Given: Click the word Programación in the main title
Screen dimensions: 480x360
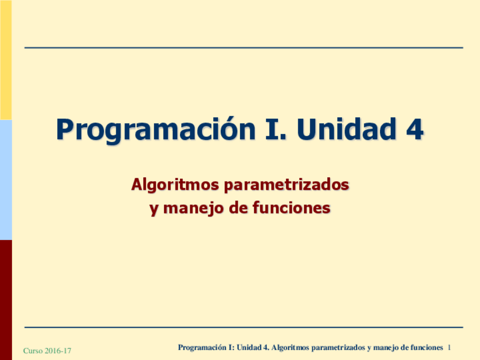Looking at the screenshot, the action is coord(156,130).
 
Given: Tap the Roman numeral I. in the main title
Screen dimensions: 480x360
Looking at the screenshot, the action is coord(276,129).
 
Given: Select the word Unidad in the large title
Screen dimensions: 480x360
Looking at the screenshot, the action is coord(346,128).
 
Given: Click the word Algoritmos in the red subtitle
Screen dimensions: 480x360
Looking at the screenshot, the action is coord(175,185).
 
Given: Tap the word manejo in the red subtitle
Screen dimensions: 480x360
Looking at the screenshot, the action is coord(194,209).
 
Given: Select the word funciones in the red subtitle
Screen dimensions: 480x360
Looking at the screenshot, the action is coord(292,208).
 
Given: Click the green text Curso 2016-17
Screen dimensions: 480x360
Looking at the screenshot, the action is coord(47,350).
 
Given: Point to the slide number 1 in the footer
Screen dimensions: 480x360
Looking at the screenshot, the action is coord(449,348).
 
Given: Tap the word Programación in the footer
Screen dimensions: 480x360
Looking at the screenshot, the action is coord(202,348).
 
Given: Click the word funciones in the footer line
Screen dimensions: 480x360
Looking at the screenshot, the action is coord(427,348).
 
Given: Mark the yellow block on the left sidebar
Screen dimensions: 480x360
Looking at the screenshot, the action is coord(6,59).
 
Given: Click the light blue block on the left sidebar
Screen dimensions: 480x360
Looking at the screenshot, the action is coord(6,179).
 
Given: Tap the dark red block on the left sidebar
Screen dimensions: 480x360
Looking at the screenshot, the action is coord(6,299).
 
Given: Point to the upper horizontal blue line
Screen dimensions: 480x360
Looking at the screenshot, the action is coord(243,48).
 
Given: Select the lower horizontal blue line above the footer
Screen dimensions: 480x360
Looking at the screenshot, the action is coord(243,327).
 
